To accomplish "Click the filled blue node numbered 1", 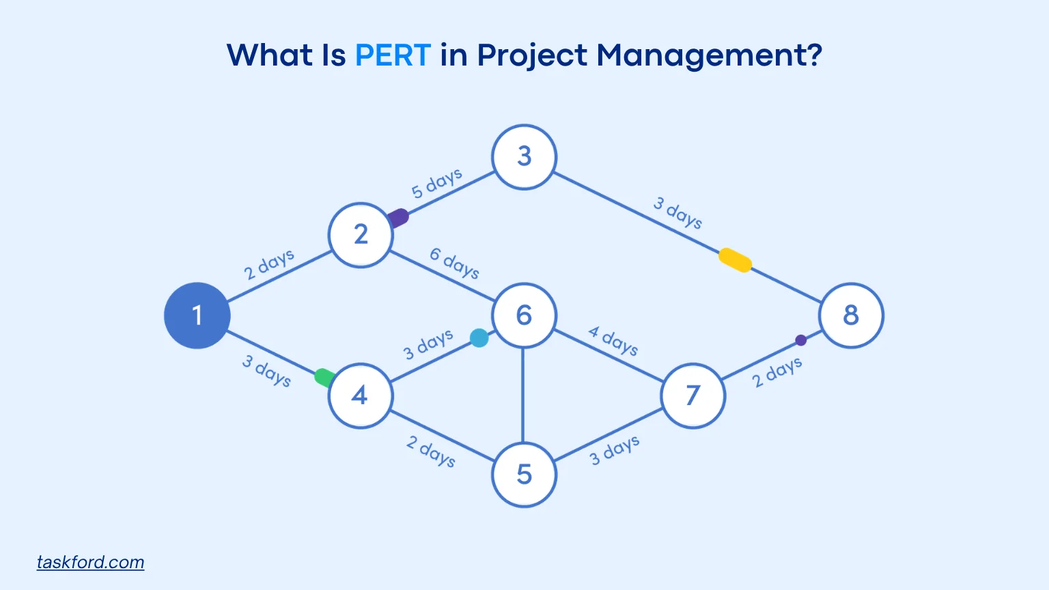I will coord(197,315).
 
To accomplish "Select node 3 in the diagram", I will coord(524,157).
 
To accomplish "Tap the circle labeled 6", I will coord(524,315).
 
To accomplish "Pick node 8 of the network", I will coord(851,315).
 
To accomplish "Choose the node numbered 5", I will coord(524,475).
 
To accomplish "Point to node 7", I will coord(693,395).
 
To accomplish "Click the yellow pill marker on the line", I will coord(736,260).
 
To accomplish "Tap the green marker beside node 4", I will coord(324,377).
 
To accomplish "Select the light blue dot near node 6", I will coord(479,338).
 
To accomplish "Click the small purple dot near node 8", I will coord(800,340).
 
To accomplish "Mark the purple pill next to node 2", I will coord(397,219).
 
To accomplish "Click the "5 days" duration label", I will coord(436,183).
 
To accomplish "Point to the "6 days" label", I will coord(454,263).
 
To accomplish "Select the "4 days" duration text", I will coord(613,341).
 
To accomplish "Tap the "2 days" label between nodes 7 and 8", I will coord(777,372).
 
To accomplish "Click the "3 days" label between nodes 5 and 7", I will coord(615,451).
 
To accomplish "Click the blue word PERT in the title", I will coord(393,55).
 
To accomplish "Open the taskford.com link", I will coord(90,562).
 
